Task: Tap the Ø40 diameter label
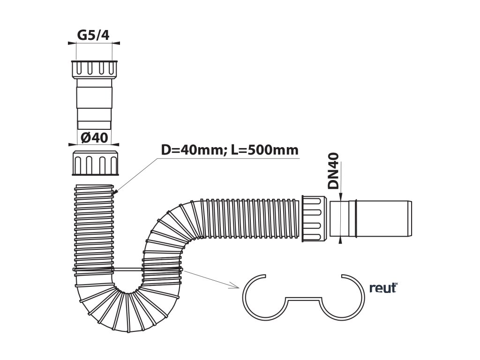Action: pyautogui.click(x=94, y=138)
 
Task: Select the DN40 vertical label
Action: pyautogui.click(x=333, y=171)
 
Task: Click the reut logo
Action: pyautogui.click(x=382, y=288)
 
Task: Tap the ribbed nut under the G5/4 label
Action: pyautogui.click(x=93, y=69)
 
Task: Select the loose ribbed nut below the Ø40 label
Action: pyautogui.click(x=95, y=164)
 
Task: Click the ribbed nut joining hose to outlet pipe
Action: pyautogui.click(x=313, y=219)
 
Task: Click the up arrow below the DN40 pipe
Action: pyautogui.click(x=340, y=240)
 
